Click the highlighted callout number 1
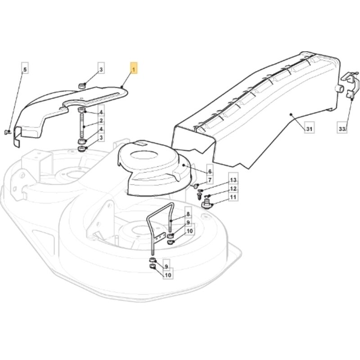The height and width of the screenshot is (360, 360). [134, 68]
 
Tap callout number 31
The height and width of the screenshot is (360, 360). [310, 129]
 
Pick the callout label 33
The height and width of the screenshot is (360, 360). [342, 129]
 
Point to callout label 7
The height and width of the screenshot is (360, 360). [210, 180]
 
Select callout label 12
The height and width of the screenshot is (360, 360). [233, 189]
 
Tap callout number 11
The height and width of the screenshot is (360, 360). [233, 197]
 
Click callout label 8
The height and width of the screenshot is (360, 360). [188, 214]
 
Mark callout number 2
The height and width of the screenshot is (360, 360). [101, 121]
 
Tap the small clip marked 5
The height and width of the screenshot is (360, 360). [7, 132]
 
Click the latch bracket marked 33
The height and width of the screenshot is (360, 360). [350, 85]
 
